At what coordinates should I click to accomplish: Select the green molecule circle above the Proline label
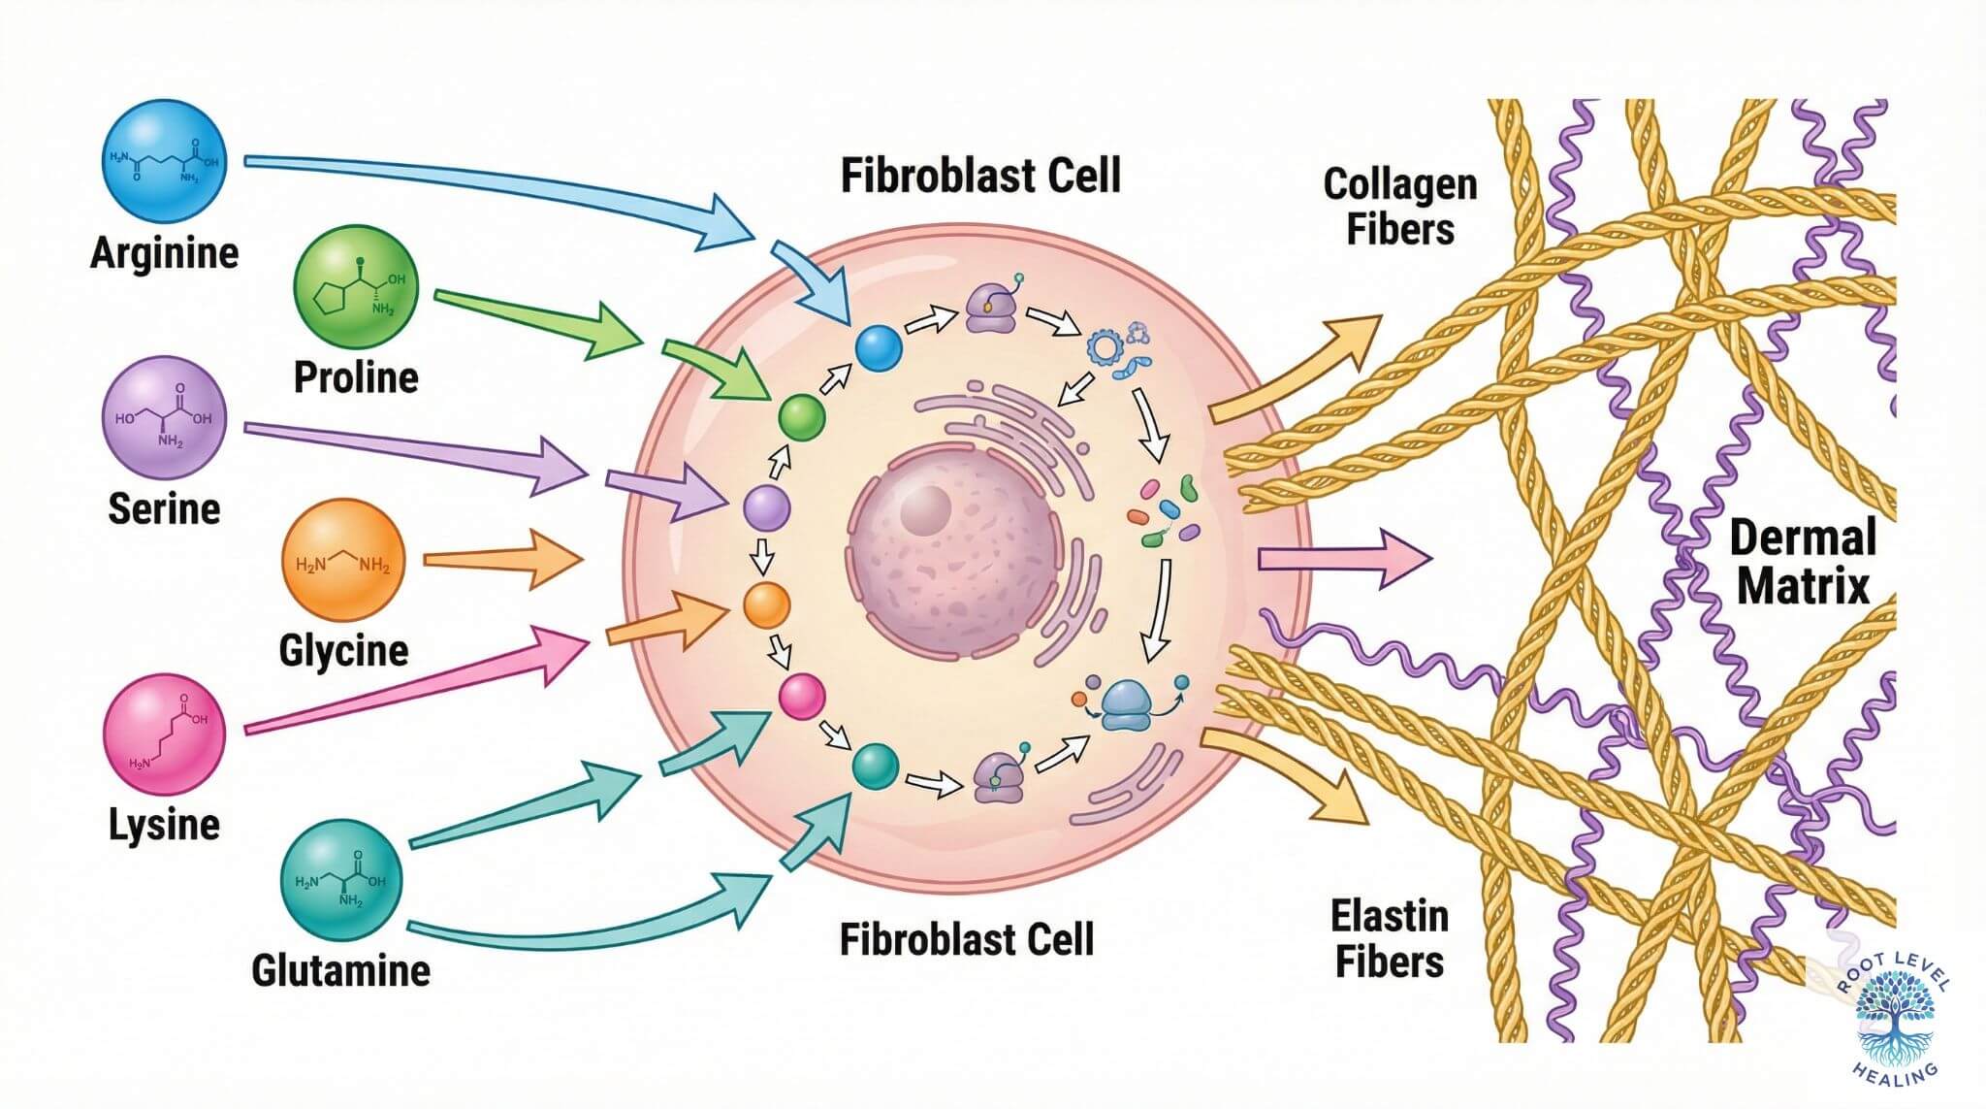(x=356, y=286)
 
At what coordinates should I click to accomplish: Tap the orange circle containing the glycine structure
(x=342, y=562)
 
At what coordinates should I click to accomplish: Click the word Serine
(x=164, y=508)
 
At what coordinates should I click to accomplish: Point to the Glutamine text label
(x=340, y=970)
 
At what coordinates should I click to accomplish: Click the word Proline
(x=356, y=377)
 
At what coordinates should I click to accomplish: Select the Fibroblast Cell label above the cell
(x=979, y=177)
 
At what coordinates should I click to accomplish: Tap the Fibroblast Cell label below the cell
(x=966, y=939)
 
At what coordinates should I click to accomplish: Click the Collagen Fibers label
(x=1399, y=207)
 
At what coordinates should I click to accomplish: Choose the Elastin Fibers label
(x=1389, y=938)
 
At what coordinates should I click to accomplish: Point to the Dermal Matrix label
(x=1802, y=562)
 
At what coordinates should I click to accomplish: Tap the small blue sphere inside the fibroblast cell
(x=879, y=348)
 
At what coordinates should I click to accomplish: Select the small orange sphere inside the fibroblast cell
(x=767, y=605)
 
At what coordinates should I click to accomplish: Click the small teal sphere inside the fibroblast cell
(x=875, y=767)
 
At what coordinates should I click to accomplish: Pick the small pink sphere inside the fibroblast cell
(x=802, y=697)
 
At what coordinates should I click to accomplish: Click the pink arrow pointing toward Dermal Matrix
(x=1343, y=559)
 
